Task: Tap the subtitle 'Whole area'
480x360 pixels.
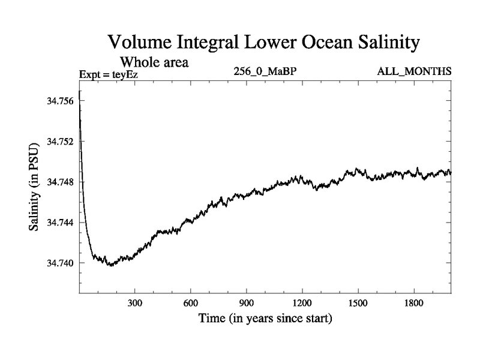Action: click(155, 61)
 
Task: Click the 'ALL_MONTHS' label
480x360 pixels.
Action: click(414, 72)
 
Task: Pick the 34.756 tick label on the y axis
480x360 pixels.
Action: click(59, 101)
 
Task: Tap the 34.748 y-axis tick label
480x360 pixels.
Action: click(59, 182)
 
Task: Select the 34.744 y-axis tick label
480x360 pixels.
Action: click(59, 223)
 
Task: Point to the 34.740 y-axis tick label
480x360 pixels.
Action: click(59, 263)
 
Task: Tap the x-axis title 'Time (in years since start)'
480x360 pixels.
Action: click(265, 319)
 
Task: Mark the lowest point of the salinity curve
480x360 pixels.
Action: click(110, 265)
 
